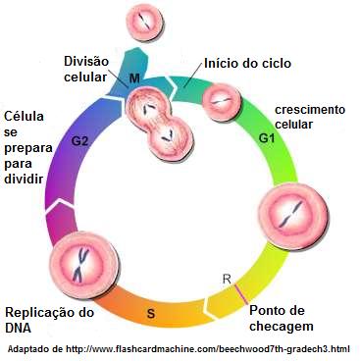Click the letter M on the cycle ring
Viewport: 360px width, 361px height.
133,77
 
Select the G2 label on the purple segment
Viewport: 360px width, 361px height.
81,141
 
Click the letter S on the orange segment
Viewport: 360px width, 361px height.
150,313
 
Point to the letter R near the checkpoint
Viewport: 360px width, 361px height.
228,280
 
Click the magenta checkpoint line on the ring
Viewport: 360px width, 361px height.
240,292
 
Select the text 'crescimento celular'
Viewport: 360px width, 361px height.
310,118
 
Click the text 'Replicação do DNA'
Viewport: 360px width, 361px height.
49,320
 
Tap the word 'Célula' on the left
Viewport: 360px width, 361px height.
25,115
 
